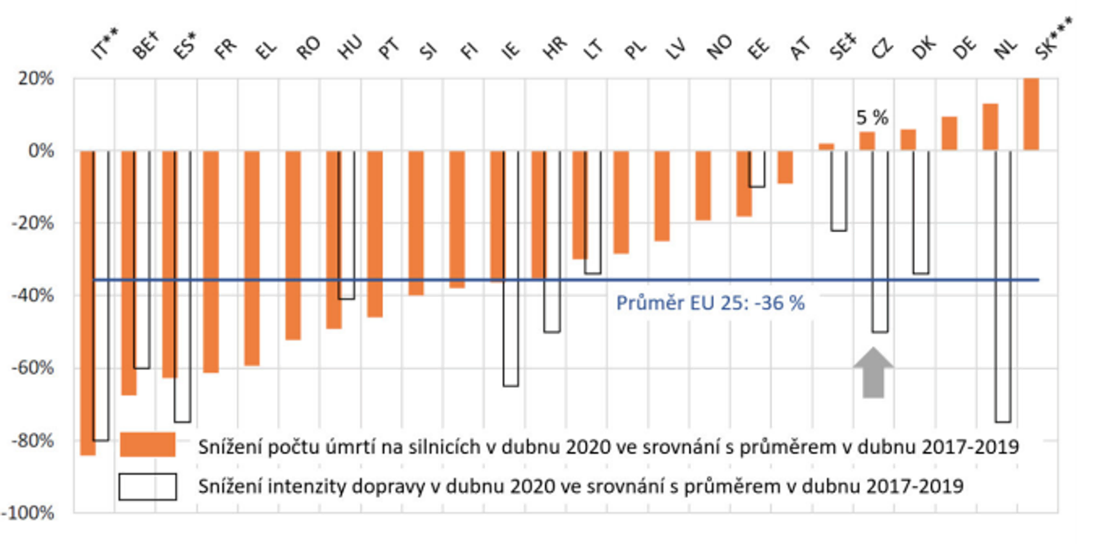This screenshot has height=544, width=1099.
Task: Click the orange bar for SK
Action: pos(1031,114)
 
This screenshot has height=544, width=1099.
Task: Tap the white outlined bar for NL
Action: pos(1003,286)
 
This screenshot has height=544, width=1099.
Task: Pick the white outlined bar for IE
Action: pos(511,269)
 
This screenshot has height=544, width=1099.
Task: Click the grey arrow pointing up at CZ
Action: pos(873,373)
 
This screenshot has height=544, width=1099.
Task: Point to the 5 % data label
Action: pos(872,118)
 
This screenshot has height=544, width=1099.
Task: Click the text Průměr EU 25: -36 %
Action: pos(710,303)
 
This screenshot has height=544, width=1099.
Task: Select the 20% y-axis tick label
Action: pos(36,79)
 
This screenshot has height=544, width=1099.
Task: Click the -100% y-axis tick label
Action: pos(28,513)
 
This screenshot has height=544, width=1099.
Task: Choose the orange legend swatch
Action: pos(147,445)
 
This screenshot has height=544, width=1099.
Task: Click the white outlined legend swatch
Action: pos(147,487)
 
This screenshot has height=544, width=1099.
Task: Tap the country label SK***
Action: pos(1054,39)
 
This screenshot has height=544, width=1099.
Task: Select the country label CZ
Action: pos(881,48)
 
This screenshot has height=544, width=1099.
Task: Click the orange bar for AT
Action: pos(785,167)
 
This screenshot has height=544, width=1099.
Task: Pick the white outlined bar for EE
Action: pos(757,169)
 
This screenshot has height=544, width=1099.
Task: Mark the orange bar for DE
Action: pos(949,133)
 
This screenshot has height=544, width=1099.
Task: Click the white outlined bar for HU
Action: pos(347,225)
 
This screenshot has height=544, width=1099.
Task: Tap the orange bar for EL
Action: pos(252,259)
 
